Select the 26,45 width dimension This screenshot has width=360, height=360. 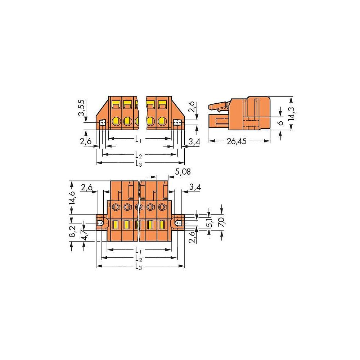236,141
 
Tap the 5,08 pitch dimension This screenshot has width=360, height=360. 183,172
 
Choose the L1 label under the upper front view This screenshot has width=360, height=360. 138,138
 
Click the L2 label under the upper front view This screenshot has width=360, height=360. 138,155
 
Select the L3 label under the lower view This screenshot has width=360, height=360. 138,267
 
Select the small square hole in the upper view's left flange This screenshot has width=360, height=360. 103,123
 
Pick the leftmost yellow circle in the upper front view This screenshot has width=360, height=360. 116,121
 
